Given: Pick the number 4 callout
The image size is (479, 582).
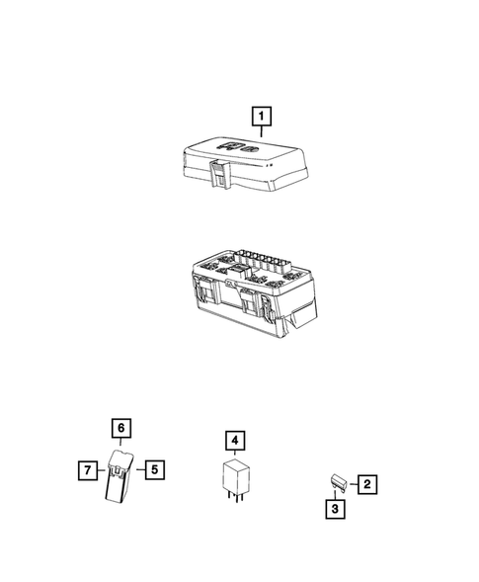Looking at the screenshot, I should (234, 438).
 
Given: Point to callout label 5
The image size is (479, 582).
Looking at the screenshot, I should (154, 468).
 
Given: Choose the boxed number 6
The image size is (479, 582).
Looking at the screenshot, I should (120, 428).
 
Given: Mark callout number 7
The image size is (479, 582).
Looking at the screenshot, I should (86, 468).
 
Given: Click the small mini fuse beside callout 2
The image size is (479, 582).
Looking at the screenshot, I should (337, 483).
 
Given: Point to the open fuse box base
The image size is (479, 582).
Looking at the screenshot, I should (247, 296).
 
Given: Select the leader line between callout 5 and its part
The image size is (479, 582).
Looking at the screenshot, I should (139, 468).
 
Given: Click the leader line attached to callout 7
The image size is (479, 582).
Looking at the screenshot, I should (101, 468).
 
